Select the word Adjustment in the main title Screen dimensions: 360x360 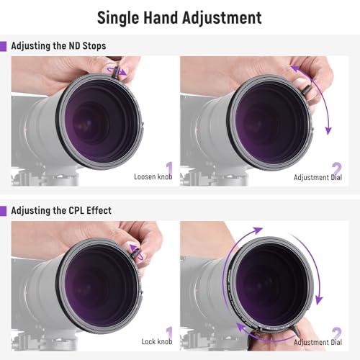pos(225,17)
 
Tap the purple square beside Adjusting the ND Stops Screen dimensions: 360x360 pos(4,46)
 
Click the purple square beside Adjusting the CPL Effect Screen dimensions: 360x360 pos(4,210)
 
